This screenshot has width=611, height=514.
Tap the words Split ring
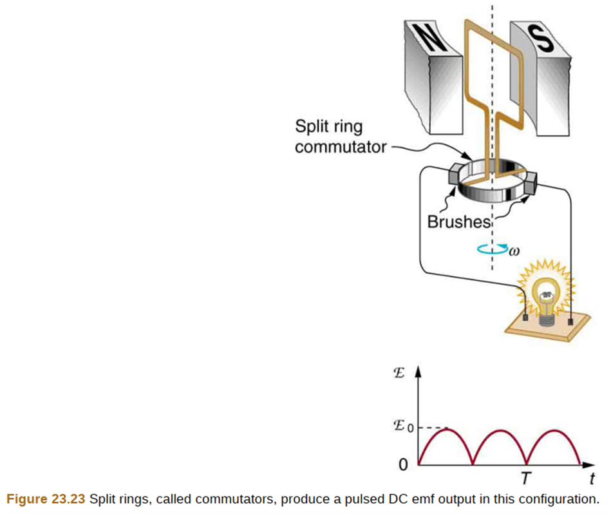click(328, 126)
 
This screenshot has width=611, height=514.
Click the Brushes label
click(459, 222)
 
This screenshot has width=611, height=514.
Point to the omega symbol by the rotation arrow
click(514, 251)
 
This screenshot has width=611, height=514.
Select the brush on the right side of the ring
click(531, 186)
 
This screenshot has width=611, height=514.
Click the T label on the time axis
click(527, 478)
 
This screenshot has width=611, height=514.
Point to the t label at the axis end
click(591, 478)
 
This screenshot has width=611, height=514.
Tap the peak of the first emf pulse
click(446, 430)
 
